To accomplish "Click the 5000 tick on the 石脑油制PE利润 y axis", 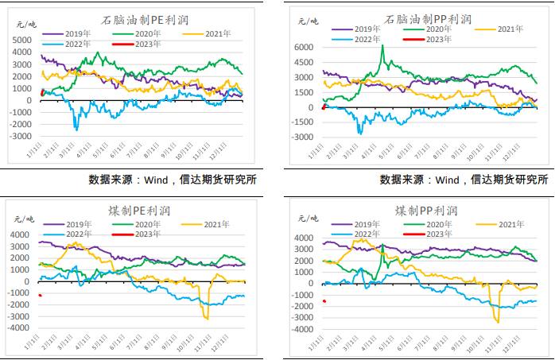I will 24,40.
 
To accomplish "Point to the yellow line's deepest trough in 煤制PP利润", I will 498,322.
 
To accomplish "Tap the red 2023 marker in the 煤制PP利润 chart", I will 324,300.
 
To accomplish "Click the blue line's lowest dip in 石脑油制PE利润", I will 76,129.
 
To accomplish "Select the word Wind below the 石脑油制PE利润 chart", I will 159,180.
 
